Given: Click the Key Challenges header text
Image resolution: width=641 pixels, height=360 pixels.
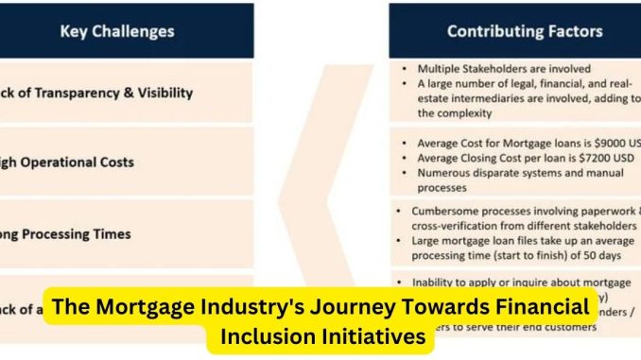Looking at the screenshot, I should (x=117, y=31).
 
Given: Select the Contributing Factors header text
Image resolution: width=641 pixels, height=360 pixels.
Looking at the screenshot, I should (x=524, y=31).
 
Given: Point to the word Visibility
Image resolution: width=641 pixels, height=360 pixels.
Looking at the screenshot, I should (x=162, y=93).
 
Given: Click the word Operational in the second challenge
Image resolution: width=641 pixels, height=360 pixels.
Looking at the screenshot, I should (x=67, y=162).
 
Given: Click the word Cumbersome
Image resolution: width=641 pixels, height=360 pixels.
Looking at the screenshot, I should (x=448, y=212).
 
